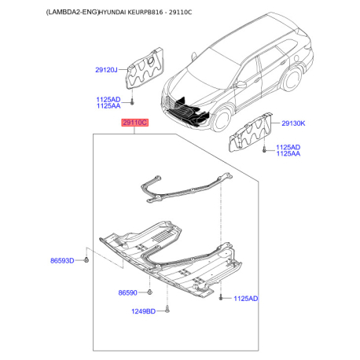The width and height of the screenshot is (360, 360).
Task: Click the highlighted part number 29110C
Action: coord(134,123)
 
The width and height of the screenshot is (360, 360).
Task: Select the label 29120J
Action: coord(106,70)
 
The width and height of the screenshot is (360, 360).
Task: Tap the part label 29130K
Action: coord(293,123)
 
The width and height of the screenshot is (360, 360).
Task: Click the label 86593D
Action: coord(62,261)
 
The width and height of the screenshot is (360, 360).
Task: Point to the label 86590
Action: coord(127,292)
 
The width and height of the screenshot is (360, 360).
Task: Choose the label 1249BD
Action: coord(143,311)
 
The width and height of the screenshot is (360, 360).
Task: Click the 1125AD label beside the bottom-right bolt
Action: coord(246,299)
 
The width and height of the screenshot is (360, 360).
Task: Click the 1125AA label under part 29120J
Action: coord(108,106)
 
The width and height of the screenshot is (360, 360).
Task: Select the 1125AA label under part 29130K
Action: coord(288,153)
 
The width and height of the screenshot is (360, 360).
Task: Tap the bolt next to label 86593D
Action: coord(86,259)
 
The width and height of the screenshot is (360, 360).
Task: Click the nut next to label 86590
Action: coord(149,292)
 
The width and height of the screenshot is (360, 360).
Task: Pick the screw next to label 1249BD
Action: coord(167,310)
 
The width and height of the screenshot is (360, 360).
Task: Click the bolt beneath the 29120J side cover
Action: coord(132,102)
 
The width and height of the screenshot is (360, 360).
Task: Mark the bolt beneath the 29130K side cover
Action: coord(264,149)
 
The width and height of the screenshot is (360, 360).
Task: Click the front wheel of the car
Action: coord(222,119)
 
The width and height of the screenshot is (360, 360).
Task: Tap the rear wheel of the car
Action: coord(292,79)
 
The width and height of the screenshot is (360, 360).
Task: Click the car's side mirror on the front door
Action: coord(241,85)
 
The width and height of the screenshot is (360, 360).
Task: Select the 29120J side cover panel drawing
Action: coord(145,68)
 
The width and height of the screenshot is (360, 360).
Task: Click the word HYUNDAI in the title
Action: coord(112,12)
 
